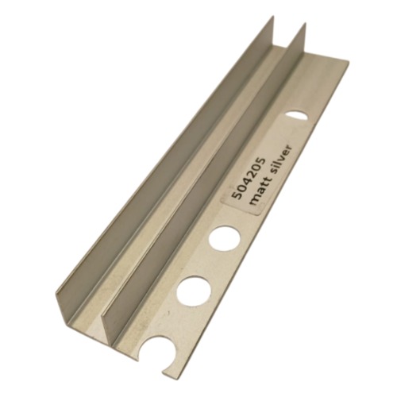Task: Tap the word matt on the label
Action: coord(256,194)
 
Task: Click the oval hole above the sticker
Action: coord(296,116)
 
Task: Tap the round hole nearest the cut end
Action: coord(195,289)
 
